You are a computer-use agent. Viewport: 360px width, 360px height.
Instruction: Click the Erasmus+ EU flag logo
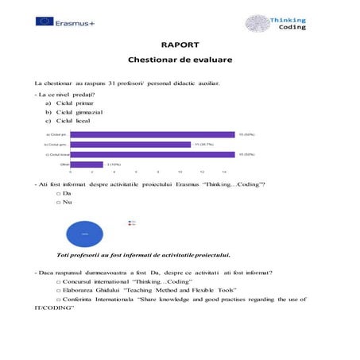[x=44, y=21]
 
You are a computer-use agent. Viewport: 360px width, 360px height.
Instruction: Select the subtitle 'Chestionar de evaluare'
[x=180, y=60]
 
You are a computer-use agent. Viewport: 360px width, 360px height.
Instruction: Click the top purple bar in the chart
[x=152, y=135]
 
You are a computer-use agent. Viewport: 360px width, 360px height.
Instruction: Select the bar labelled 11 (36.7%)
[x=130, y=145]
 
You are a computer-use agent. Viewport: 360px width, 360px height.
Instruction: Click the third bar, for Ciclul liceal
[x=152, y=154]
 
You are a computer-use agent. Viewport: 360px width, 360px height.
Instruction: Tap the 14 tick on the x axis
[x=224, y=172]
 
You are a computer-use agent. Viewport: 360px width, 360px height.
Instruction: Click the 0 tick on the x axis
[x=70, y=172]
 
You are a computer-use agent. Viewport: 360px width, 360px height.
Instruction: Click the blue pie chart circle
[x=84, y=233]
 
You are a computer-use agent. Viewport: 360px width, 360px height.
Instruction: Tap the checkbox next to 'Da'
[x=59, y=193]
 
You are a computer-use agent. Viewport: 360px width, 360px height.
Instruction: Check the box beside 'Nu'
[x=59, y=203]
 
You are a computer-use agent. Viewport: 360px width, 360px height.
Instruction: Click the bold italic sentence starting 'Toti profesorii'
[x=143, y=255]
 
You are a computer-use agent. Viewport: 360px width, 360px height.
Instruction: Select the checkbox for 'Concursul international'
[x=59, y=282]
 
